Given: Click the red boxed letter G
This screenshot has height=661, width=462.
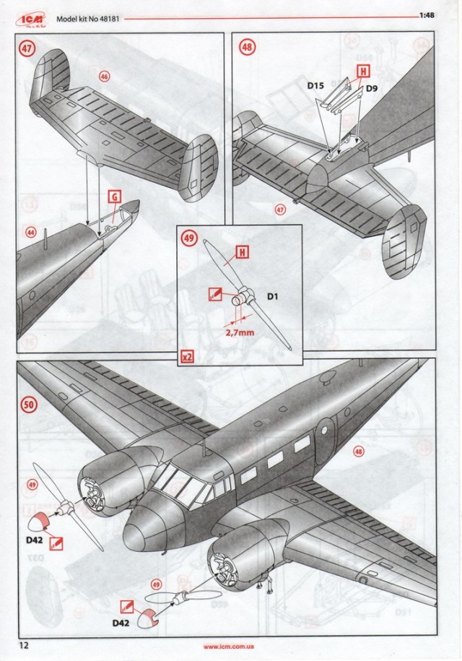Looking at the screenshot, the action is coord(114,196).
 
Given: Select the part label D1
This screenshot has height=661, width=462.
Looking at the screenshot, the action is coord(275,296).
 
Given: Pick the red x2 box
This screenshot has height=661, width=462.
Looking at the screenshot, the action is coord(187,357).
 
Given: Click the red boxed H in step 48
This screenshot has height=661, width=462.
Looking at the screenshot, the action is coord(362,71).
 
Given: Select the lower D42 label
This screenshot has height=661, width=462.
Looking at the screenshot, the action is coord(123,621).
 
